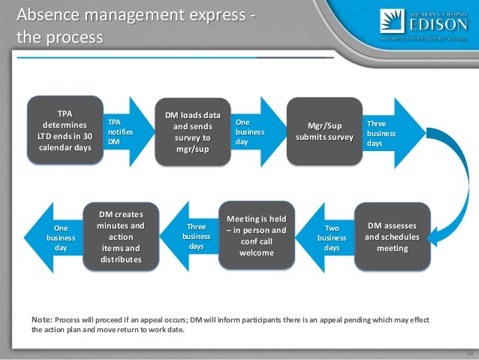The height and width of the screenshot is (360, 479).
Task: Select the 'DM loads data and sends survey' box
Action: pos(193,132)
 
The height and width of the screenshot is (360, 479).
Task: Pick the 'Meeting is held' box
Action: pos(257,236)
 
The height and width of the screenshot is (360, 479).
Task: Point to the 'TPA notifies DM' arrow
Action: pos(125,132)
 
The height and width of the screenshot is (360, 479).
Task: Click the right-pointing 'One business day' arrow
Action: pos(252,132)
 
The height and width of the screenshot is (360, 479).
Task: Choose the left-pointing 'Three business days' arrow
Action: pos(193,237)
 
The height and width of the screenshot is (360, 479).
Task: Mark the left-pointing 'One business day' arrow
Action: pos(58,237)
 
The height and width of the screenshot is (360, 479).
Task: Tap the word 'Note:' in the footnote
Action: pos(42,319)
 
